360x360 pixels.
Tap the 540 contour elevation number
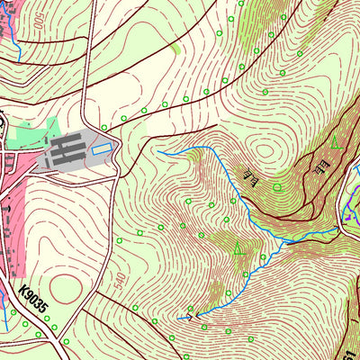click(x=121, y=281)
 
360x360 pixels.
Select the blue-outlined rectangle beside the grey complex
click(x=103, y=148)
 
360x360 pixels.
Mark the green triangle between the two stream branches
click(x=238, y=248)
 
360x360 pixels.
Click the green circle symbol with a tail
click(x=277, y=186)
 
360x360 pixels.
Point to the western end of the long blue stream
click(x=158, y=152)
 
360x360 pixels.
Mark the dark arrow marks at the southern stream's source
click(x=186, y=315)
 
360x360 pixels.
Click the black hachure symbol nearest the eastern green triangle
click(x=319, y=164)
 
